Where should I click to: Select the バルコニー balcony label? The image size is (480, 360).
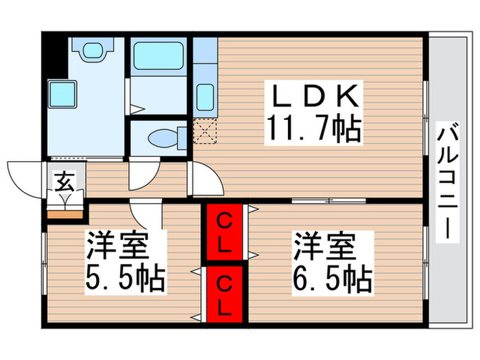coord(449,181)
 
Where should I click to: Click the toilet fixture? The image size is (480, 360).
coord(162,138)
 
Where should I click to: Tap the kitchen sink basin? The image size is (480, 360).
coord(204,95)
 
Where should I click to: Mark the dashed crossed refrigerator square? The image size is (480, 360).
coord(204,128)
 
